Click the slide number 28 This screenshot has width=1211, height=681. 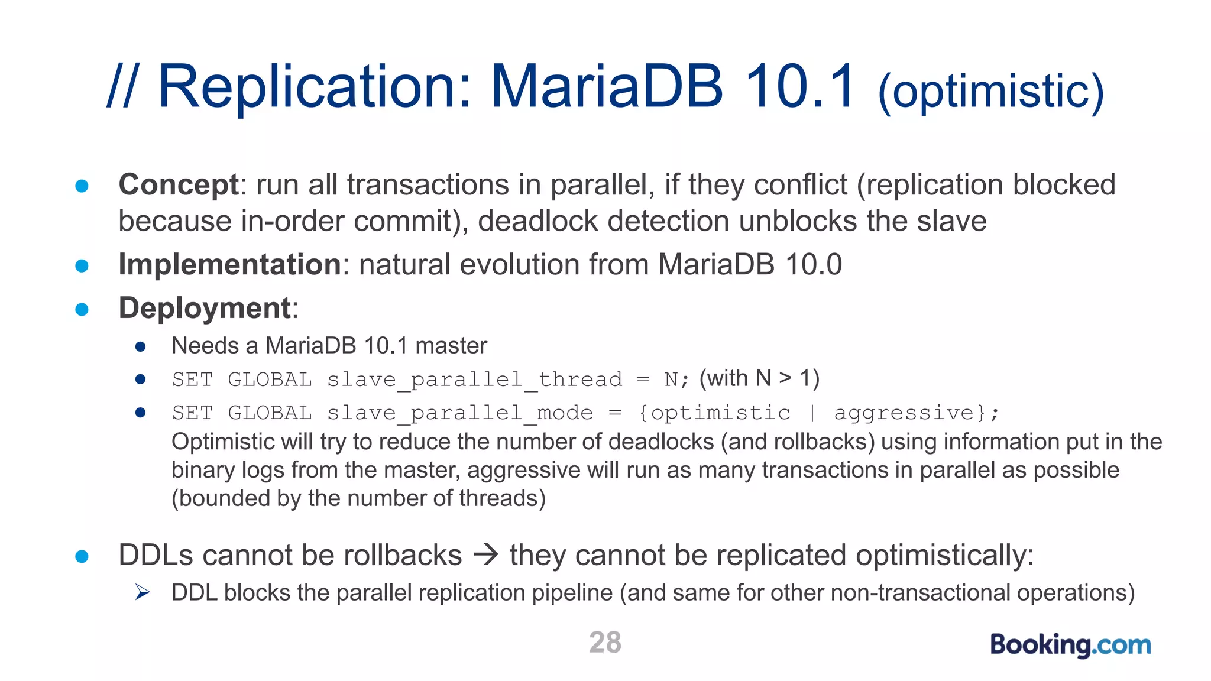pyautogui.click(x=605, y=642)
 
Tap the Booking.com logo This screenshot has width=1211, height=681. pyautogui.click(x=1070, y=645)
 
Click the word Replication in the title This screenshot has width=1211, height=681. pyautogui.click(x=315, y=87)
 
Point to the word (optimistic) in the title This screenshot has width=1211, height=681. pyautogui.click(x=991, y=92)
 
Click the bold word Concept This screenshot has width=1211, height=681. pyautogui.click(x=179, y=184)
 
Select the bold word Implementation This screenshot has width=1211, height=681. pyautogui.click(x=230, y=264)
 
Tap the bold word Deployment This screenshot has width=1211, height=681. pyautogui.click(x=205, y=308)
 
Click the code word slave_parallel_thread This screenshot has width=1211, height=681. pyautogui.click(x=475, y=380)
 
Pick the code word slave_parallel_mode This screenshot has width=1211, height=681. pyautogui.click(x=460, y=413)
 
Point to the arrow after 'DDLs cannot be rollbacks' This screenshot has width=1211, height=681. pyautogui.click(x=486, y=555)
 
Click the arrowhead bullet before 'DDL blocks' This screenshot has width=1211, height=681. pyautogui.click(x=142, y=592)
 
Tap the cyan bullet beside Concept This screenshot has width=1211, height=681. pyautogui.click(x=82, y=186)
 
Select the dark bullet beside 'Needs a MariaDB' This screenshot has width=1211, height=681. pyautogui.click(x=140, y=346)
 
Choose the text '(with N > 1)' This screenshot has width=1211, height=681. pyautogui.click(x=759, y=378)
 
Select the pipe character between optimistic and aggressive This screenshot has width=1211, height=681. pyautogui.click(x=812, y=413)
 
